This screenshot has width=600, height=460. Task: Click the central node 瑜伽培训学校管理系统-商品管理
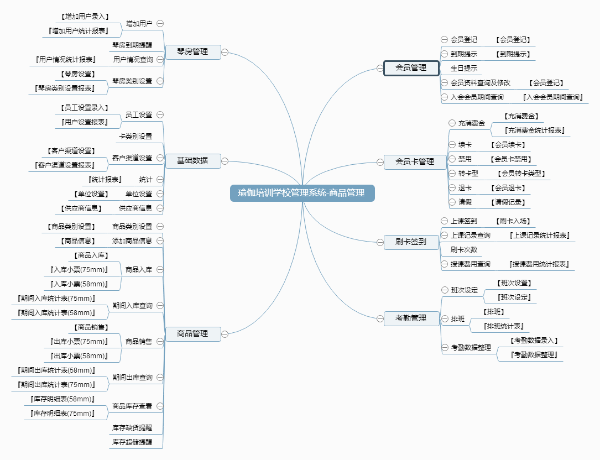coord(302,193)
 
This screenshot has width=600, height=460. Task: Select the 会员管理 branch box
coord(411,67)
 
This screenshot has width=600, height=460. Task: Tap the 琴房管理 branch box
coord(192,51)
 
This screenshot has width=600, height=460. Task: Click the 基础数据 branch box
coord(192,160)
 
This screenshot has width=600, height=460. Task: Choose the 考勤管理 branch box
coord(411,318)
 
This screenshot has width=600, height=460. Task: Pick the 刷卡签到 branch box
coord(411,241)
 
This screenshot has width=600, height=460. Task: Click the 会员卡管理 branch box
coord(415,161)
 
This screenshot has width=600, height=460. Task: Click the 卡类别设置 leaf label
coord(135,136)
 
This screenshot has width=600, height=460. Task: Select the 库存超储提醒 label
coord(132,442)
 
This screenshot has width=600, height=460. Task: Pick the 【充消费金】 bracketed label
coord(521,116)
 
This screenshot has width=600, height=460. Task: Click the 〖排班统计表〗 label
coord(503,326)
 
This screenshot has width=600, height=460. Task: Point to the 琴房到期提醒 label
coord(132,45)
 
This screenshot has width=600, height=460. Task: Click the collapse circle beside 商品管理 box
coord(225,333)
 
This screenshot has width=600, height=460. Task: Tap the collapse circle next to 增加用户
coord(160,23)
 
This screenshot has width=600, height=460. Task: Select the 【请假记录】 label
coord(508,202)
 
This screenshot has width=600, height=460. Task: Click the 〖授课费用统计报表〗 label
coord(539,264)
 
